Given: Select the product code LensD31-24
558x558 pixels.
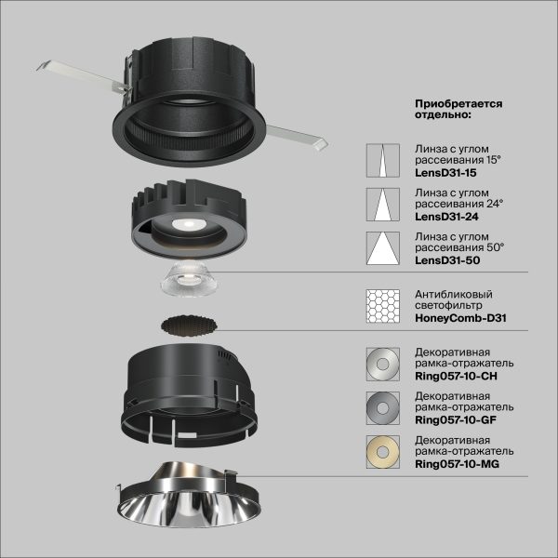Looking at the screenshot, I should point(443,217).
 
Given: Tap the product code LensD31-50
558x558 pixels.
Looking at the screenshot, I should point(443,260).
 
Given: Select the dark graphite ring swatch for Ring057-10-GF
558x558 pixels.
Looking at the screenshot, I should point(382,406).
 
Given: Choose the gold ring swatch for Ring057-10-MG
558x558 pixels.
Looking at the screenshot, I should point(382,450).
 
